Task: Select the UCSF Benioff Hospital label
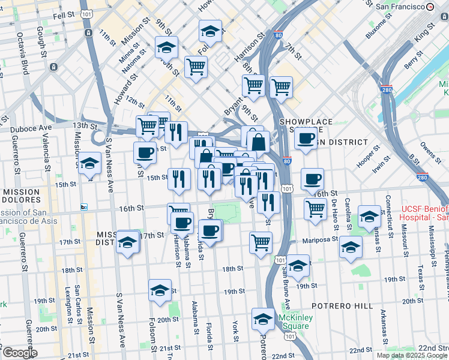click(x=424, y=212)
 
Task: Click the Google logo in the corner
click(x=20, y=353)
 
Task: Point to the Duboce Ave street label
click(x=29, y=128)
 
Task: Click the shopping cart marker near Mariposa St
click(x=261, y=242)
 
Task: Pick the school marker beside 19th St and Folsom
click(x=160, y=290)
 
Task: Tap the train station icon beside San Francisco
click(x=430, y=7)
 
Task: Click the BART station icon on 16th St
click(x=84, y=208)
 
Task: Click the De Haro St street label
click(x=334, y=214)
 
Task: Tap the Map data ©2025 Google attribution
click(x=412, y=355)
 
